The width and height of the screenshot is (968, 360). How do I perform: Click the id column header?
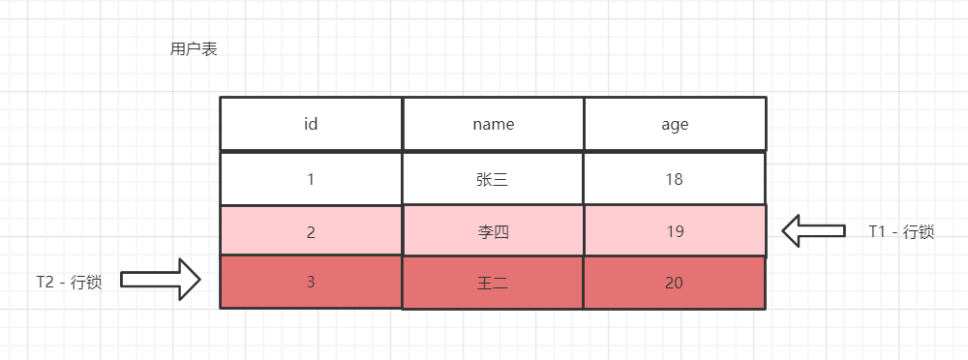tap(311, 124)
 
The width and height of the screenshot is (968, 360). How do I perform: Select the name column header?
tap(494, 124)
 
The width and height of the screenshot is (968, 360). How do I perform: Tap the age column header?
tap(675, 124)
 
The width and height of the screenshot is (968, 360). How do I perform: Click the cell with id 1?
tap(311, 179)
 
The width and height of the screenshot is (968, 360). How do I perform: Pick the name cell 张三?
tap(494, 179)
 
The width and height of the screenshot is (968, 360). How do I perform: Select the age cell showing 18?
tap(675, 179)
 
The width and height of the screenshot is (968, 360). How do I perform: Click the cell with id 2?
tap(311, 231)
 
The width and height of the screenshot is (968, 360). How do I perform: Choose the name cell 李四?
tap(494, 231)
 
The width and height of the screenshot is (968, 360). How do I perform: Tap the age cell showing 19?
tap(675, 231)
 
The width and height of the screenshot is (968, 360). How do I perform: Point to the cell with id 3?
tap(311, 282)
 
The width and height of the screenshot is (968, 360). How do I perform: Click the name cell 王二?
tap(494, 283)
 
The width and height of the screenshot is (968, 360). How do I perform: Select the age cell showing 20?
tap(675, 283)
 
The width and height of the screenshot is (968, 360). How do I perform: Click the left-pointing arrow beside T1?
tap(814, 231)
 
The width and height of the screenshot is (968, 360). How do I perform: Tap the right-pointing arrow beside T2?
tap(161, 280)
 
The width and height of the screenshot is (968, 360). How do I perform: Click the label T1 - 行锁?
tap(901, 231)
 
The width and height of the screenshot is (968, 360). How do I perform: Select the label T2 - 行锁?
tap(69, 283)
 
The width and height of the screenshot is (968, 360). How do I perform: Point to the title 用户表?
tap(194, 49)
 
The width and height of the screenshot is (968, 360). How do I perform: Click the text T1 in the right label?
tap(877, 231)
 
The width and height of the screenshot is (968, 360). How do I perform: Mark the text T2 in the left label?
tap(45, 283)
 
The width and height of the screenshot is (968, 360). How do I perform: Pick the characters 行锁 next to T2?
tap(86, 283)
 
